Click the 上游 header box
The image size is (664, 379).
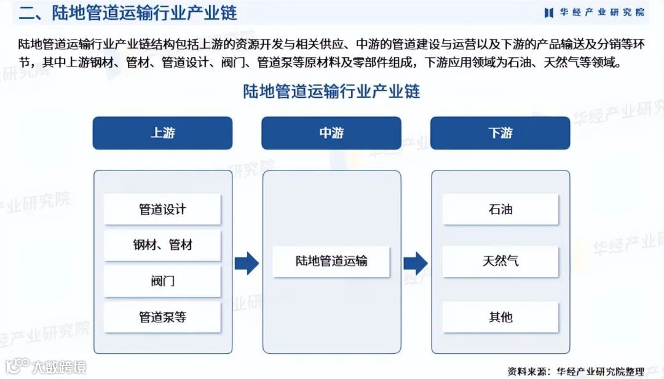coord(162,133)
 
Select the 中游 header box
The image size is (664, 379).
coord(331,133)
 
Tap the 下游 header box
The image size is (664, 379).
coord(500,133)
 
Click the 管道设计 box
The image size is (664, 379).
coord(162,209)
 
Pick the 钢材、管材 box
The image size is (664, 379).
coord(162,245)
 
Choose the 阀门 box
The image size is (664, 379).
coord(162,281)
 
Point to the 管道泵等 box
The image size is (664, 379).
coord(162,317)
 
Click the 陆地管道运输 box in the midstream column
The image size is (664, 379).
coord(331,261)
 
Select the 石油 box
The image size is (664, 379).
coord(500,209)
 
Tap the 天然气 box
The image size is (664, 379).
coord(500,261)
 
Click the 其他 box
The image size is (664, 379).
coord(500,317)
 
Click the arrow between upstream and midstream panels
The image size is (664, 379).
coord(247,263)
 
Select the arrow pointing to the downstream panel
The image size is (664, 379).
coord(416,263)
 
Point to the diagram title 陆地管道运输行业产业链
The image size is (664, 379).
coord(331,92)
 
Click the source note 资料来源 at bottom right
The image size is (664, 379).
coord(575,370)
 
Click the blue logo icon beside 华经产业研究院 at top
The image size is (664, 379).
coord(549,12)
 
